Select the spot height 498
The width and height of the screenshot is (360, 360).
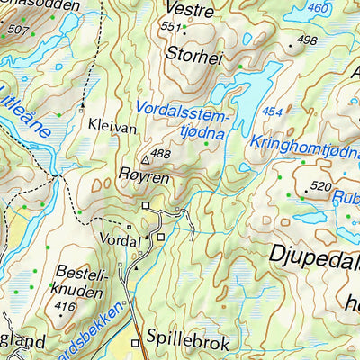(x=307, y=40)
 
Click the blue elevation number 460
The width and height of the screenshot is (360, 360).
(x=318, y=8)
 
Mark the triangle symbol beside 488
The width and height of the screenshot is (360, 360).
(x=145, y=158)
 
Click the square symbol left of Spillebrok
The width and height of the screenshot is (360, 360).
(x=136, y=343)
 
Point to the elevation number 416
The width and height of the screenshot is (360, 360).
(x=64, y=307)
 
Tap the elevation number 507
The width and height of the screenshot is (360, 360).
(x=17, y=30)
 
